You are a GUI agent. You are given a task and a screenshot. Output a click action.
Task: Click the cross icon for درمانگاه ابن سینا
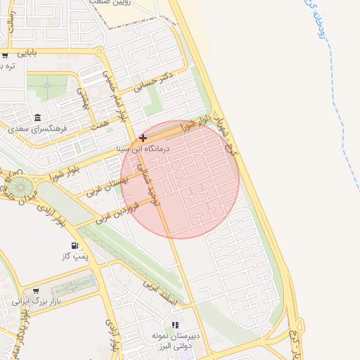point(143,138)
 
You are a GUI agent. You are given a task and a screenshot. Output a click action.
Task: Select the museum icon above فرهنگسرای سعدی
point(37,117)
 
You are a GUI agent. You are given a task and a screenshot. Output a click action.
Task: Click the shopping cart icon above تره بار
point(6,55)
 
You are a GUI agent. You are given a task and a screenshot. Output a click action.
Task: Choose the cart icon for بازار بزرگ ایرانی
point(35,290)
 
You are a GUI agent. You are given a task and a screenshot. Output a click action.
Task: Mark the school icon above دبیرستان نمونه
point(175,325)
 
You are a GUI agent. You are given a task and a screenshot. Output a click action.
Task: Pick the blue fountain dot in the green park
point(47,85)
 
